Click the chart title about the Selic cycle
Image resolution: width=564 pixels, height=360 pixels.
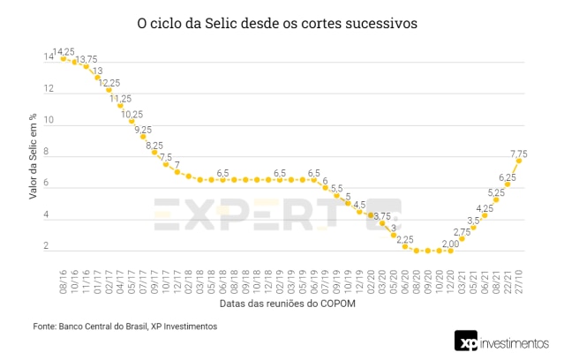coord(277,25)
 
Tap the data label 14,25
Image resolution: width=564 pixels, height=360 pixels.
coord(64,52)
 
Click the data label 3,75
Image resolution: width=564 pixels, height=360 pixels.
coord(381,216)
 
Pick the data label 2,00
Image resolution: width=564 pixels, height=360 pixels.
coord(451,244)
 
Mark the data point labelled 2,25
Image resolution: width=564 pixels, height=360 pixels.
coord(405,247)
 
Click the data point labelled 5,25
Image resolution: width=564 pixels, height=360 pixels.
coord(496,199)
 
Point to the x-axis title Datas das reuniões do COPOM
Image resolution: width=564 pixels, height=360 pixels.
coord(288,305)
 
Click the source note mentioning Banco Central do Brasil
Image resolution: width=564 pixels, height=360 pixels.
coord(124,326)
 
